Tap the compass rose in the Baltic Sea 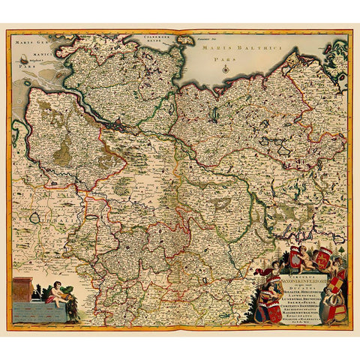[225, 69]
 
